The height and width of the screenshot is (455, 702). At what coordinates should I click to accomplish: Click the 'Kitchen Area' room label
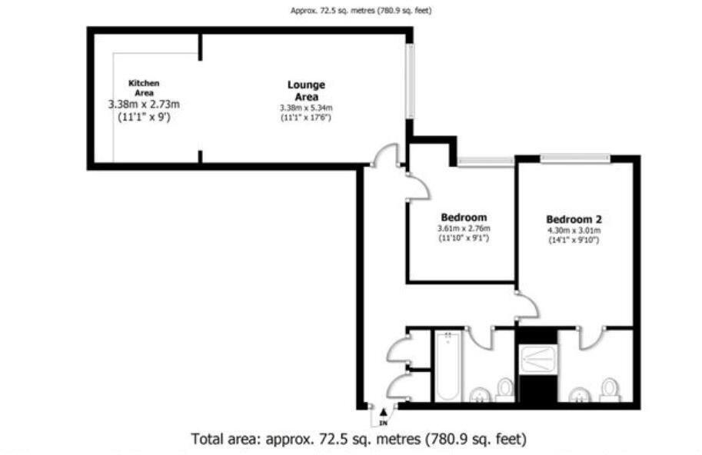[144, 88]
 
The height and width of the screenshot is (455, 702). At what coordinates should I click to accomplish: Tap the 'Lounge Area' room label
[306, 91]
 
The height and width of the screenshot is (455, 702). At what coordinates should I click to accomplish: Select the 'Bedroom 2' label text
[574, 218]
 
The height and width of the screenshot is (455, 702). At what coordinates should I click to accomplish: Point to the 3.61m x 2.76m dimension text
[464, 228]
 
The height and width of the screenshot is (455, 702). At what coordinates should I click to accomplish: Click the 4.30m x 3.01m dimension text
[574, 230]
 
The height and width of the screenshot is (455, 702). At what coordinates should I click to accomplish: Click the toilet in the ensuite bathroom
[609, 387]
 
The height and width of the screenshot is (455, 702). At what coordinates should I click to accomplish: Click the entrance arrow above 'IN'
[383, 413]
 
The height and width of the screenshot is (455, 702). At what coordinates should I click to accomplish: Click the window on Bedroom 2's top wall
[576, 159]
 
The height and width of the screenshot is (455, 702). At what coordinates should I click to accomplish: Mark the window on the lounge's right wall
[411, 81]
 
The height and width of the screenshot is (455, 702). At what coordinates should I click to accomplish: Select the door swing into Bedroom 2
[527, 306]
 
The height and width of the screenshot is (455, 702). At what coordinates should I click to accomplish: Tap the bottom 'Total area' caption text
[358, 440]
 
